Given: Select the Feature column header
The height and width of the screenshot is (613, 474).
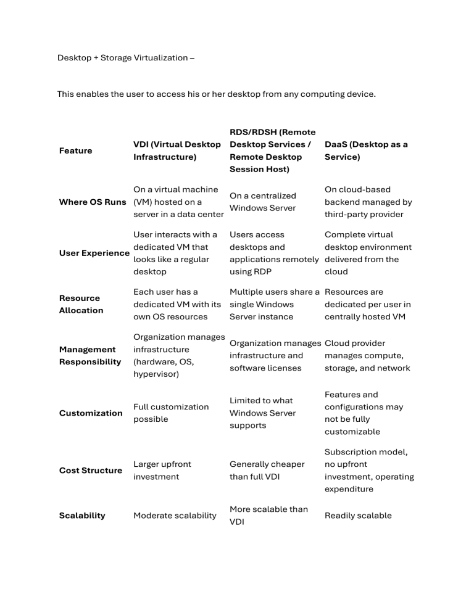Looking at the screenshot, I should [75, 150].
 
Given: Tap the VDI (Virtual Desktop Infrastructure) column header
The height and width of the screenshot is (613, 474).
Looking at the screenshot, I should [177, 150].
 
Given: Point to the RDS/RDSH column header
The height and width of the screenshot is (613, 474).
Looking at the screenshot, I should [272, 150].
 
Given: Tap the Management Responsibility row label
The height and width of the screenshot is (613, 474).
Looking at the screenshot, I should [90, 355].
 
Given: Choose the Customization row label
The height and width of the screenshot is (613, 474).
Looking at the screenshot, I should [91, 413].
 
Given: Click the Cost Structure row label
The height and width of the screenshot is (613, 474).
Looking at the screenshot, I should [91, 470].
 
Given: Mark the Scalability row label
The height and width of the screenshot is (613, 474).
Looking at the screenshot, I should [82, 515].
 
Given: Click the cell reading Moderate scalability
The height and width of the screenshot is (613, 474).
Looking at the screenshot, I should [175, 515].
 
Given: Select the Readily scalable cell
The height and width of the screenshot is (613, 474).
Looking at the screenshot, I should [358, 515].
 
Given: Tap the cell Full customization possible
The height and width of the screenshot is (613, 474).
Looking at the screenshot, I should [171, 413].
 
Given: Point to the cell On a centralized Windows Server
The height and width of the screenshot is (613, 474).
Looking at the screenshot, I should [262, 202].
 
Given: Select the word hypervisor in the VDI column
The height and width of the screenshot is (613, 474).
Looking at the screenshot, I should [156, 374].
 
